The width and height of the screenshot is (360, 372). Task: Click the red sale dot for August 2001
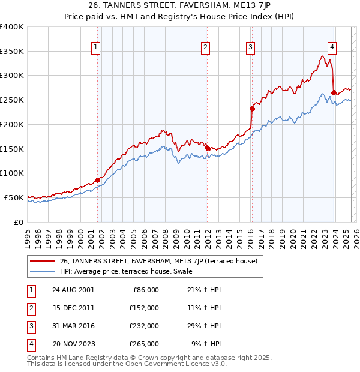click(97, 179)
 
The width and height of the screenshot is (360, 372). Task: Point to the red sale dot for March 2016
click(252, 109)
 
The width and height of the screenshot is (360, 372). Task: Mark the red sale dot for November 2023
click(334, 92)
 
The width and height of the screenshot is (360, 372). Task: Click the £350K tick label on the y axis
click(12, 51)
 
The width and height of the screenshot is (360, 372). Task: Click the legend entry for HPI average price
click(125, 271)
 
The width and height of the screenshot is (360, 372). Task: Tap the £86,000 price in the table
click(145, 290)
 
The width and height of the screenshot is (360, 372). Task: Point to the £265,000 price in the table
click(145, 344)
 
